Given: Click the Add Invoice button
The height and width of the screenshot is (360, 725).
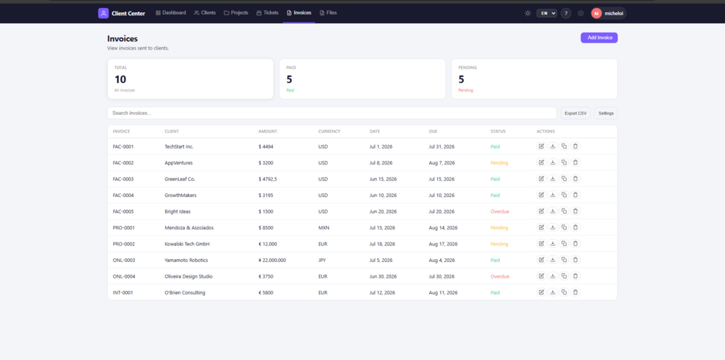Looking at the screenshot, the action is click(x=599, y=38).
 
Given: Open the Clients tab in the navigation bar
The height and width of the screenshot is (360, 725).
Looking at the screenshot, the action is click(x=205, y=13).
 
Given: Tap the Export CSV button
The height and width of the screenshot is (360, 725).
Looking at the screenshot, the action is click(x=575, y=113).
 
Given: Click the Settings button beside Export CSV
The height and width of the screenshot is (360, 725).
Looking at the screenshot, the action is click(x=606, y=113).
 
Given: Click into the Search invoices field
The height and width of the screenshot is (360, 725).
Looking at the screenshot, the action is click(x=332, y=113).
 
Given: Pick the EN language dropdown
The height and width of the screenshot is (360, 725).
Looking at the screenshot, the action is click(x=547, y=14).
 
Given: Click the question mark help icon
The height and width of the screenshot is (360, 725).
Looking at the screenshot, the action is click(x=566, y=14).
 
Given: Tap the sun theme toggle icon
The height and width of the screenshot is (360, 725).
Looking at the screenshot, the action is click(x=527, y=14).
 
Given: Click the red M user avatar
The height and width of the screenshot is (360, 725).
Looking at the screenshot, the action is click(x=597, y=14).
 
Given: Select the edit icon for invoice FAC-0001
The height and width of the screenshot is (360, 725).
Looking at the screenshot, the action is click(x=542, y=146).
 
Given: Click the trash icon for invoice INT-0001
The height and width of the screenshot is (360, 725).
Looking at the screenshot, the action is click(x=575, y=292).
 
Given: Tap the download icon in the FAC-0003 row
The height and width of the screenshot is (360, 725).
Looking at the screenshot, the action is click(x=553, y=179).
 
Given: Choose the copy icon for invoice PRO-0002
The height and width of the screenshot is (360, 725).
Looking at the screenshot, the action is click(x=564, y=244).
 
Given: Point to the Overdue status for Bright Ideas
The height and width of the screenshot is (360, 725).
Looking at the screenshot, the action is click(x=500, y=211).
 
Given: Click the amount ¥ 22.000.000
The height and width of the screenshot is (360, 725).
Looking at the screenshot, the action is click(x=273, y=260).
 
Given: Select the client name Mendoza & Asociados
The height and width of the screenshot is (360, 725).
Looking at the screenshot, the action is click(x=189, y=228).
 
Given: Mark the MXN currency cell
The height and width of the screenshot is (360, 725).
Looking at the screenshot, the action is click(x=324, y=228).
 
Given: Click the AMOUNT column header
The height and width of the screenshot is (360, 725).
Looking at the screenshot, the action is click(x=267, y=132).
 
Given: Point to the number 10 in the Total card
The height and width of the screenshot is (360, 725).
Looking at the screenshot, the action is click(x=120, y=79).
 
